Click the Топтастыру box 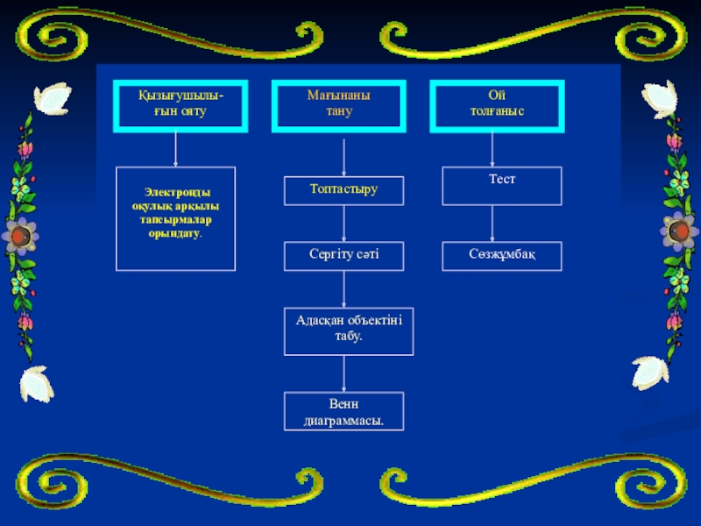[343, 189]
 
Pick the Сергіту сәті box [343, 256]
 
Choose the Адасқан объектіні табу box [348, 330]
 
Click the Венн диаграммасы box [343, 411]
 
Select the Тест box [501, 185]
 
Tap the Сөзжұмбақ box [501, 256]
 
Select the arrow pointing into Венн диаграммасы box [343, 373]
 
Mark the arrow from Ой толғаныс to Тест [492, 150]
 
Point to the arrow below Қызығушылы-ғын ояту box [176, 149]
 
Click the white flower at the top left [50, 98]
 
